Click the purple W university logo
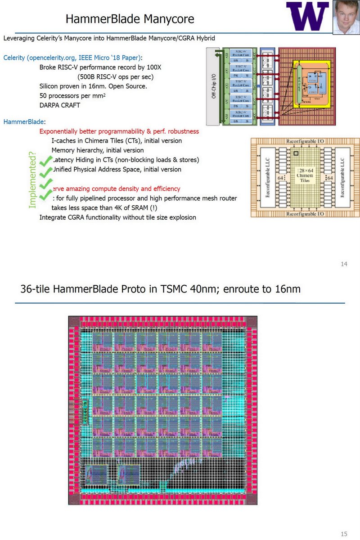click(308, 16)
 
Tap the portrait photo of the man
click(346, 17)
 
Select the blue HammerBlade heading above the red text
click(24, 121)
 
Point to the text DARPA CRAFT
click(62, 105)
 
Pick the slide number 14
click(344, 264)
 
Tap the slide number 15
click(344, 534)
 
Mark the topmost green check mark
click(45, 161)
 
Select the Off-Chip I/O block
click(214, 86)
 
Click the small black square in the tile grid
click(296, 153)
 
